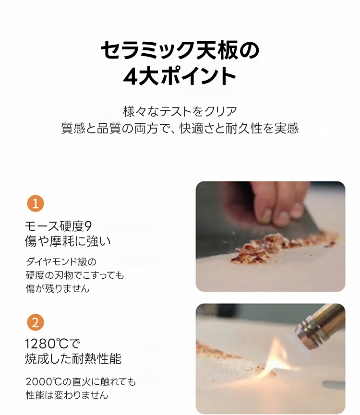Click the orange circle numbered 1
tap(36, 203)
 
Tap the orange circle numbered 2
tap(36, 322)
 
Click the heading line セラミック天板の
tap(180, 50)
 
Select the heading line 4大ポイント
tap(180, 76)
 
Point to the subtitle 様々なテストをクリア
tap(180, 111)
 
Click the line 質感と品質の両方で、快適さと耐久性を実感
tap(180, 128)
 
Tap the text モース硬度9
tap(59, 226)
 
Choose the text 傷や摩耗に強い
tap(68, 241)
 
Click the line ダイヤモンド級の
tap(61, 262)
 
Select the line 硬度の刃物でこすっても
tap(75, 275)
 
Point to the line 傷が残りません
tap(58, 288)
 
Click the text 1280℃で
tap(52, 344)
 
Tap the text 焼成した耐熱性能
tap(73, 359)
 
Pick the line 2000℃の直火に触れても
tap(81, 382)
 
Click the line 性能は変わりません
tap(67, 395)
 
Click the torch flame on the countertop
tap(278, 357)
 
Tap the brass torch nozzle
tap(320, 326)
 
